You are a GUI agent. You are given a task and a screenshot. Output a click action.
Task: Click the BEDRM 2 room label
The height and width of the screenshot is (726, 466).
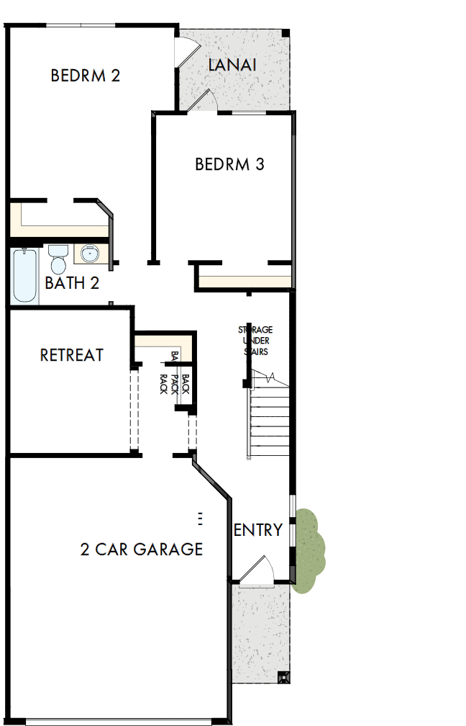(85, 76)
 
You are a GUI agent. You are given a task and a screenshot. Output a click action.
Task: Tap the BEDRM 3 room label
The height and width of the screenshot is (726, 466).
(229, 164)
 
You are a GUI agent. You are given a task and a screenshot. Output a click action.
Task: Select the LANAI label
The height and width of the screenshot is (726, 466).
(232, 66)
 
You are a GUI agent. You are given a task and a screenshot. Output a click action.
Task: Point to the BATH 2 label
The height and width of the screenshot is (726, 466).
(71, 282)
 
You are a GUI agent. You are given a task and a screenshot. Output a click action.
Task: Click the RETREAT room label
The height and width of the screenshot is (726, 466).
(71, 355)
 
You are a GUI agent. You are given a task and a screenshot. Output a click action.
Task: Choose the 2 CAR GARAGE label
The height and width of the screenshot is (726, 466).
(141, 550)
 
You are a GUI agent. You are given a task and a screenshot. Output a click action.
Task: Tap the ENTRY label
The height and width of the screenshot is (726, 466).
(258, 531)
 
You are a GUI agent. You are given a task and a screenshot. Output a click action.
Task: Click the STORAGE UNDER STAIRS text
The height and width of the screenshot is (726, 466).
(255, 341)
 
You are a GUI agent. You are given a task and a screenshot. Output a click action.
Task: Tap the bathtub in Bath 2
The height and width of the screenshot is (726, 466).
(24, 275)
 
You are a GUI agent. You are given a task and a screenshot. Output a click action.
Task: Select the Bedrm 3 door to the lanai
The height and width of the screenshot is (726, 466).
(199, 100)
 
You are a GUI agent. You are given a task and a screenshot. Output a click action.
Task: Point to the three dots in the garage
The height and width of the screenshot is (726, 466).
(200, 518)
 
